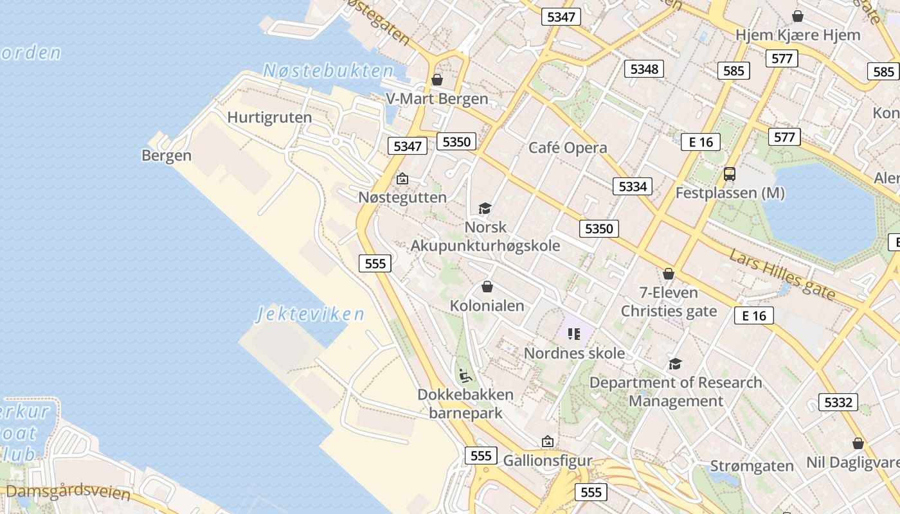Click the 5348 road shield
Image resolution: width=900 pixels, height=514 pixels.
pyautogui.click(x=644, y=69)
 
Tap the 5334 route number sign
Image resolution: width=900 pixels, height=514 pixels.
pyautogui.click(x=633, y=186)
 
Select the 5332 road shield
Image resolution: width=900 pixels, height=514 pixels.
pyautogui.click(x=838, y=402)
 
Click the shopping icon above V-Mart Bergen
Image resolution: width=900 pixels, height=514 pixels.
pyautogui.click(x=437, y=80)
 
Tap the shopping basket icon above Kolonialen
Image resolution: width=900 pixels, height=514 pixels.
pyautogui.click(x=487, y=287)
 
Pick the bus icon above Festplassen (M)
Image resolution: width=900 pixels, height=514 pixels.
pyautogui.click(x=730, y=173)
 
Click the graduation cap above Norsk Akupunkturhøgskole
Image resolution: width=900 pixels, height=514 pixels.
pyautogui.click(x=485, y=208)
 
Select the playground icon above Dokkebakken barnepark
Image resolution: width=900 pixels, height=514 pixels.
pyautogui.click(x=466, y=375)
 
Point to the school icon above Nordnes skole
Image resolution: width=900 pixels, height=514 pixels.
pyautogui.click(x=574, y=333)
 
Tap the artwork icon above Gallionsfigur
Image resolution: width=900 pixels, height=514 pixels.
pyautogui.click(x=548, y=441)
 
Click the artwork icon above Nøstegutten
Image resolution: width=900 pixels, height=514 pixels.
pyautogui.click(x=402, y=179)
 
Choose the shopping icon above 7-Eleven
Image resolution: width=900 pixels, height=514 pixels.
pyautogui.click(x=669, y=274)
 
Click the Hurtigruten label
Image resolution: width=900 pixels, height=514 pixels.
pyautogui.click(x=269, y=118)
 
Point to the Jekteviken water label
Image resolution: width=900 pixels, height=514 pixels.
pyautogui.click(x=310, y=314)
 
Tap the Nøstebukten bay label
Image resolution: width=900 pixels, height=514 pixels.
pyautogui.click(x=328, y=71)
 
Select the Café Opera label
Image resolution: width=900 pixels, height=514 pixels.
pyautogui.click(x=568, y=148)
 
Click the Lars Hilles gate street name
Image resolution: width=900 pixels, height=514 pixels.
pyautogui.click(x=782, y=274)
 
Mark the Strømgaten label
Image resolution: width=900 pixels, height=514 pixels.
pyautogui.click(x=752, y=466)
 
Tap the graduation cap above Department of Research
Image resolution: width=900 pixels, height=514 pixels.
pyautogui.click(x=675, y=364)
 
